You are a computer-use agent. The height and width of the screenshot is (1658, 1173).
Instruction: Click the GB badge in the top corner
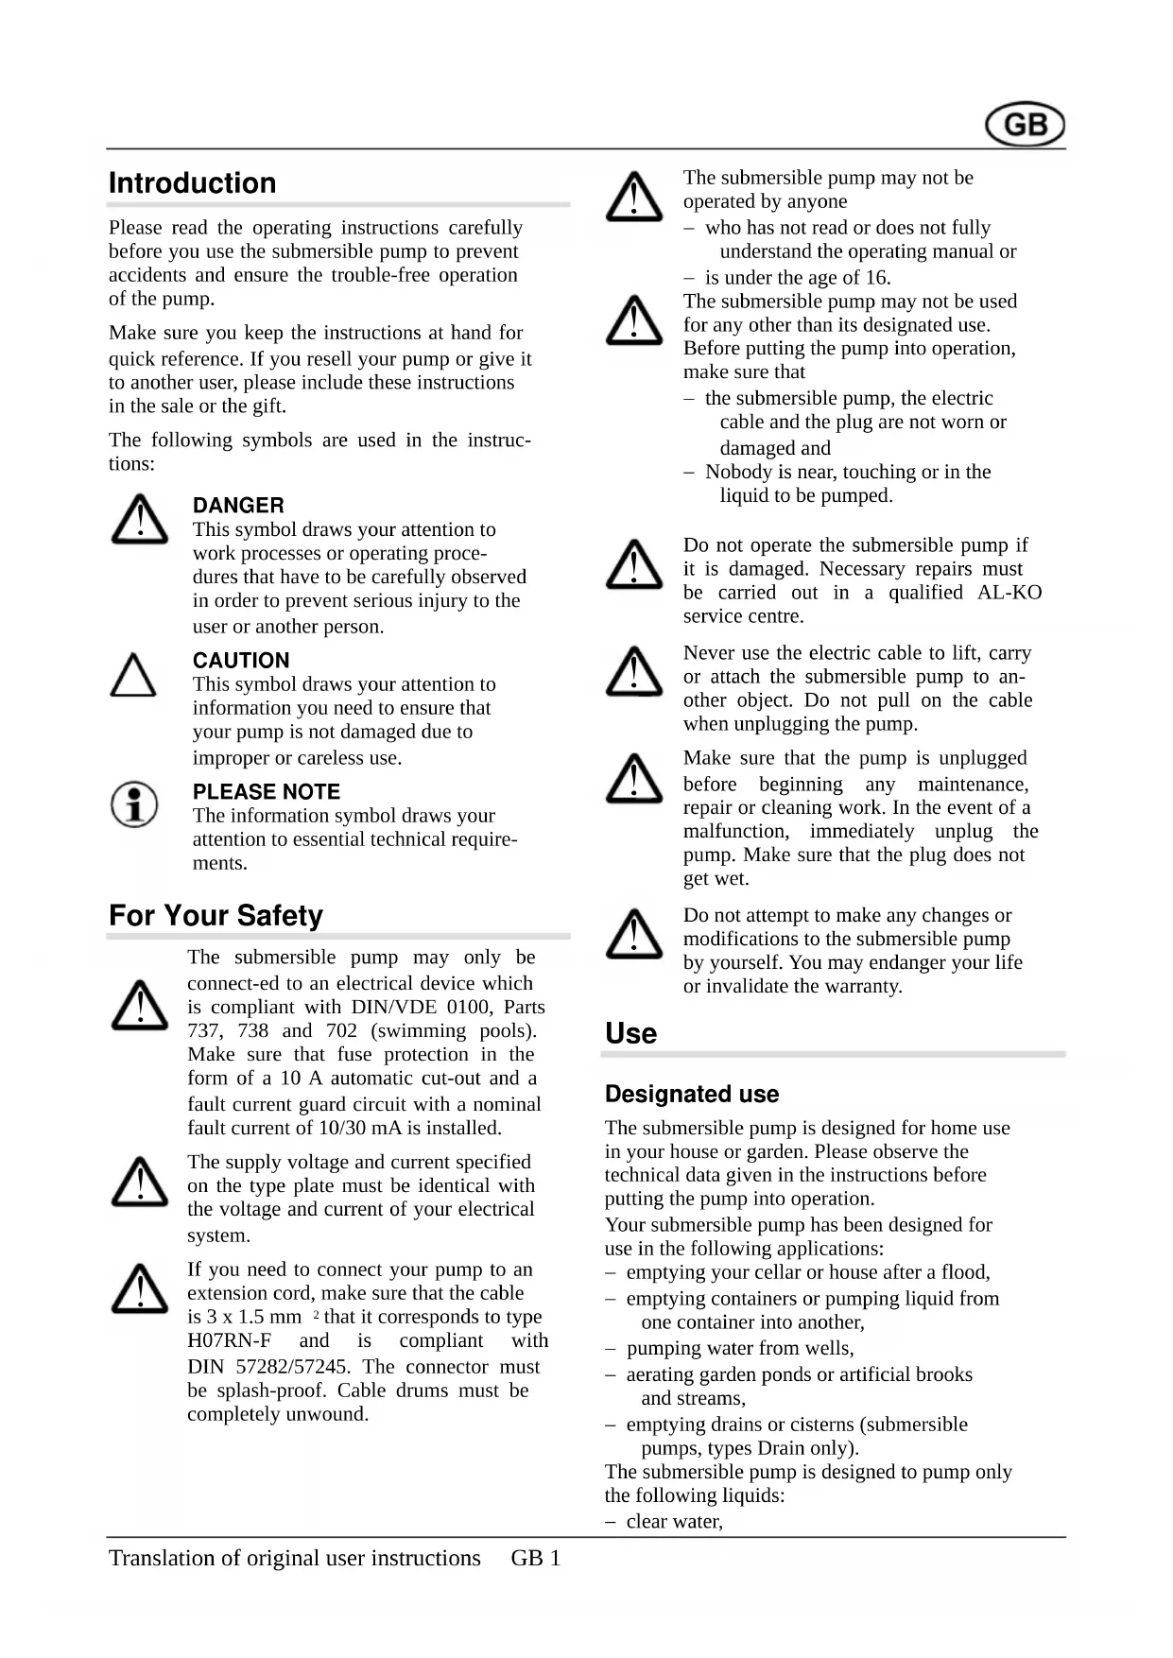1025,125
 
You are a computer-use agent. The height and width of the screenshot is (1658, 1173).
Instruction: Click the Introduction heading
192,183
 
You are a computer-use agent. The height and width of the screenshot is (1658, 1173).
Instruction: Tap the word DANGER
238,506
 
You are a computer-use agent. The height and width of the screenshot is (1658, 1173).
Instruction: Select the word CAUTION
241,661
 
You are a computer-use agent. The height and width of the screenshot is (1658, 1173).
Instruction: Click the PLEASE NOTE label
267,792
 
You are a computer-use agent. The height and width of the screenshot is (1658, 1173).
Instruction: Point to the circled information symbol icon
134,804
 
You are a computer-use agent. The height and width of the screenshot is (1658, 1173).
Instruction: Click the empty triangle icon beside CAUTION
134,676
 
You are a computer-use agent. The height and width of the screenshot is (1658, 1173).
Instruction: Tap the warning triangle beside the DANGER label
140,520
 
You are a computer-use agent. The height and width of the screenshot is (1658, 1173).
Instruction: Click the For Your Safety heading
216,916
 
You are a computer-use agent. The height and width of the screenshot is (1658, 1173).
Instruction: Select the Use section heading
630,1033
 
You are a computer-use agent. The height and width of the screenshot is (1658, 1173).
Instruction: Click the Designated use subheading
692,1095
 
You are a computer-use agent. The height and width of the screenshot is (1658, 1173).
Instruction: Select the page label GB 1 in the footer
536,1559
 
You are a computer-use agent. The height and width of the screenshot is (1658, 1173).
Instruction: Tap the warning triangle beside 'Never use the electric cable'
633,671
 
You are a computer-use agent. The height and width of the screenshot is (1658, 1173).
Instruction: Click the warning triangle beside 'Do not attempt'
633,934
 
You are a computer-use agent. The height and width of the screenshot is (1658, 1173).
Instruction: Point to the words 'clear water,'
674,1522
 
